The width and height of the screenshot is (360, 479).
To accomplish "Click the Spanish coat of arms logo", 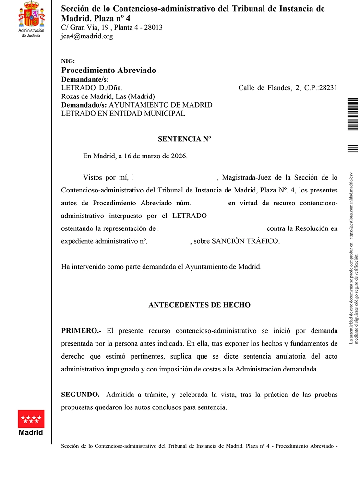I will click(31, 14).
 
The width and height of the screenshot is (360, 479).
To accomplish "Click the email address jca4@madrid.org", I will click(87, 36).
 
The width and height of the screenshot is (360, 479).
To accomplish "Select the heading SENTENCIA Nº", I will click(185, 139).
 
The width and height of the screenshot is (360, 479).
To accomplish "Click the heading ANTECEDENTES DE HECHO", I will click(199, 305).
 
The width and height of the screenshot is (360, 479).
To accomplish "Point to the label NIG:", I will click(69, 61).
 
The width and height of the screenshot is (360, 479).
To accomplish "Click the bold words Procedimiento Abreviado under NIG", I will click(108, 70).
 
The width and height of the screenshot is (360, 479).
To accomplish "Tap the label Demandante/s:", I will click(85, 79).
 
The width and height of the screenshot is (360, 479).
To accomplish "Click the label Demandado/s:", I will click(84, 105).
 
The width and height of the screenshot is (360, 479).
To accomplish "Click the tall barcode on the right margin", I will click(352, 114).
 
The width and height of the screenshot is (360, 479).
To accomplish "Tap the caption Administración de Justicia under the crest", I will click(31, 33).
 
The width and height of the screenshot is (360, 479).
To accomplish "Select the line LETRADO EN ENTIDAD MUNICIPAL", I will click(123, 113).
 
